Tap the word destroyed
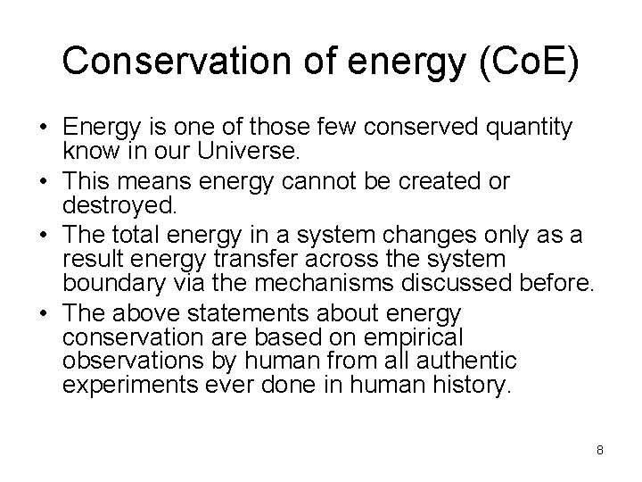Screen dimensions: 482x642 click(x=118, y=206)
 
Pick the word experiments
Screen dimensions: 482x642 click(x=128, y=385)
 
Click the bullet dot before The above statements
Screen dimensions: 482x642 click(x=43, y=314)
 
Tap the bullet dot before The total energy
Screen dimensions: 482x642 click(x=43, y=235)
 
